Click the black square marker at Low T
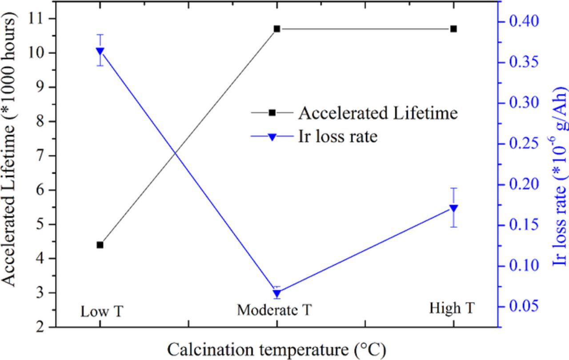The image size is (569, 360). coord(100,245)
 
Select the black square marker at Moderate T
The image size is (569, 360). coord(277,29)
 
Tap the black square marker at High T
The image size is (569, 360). coord(453,29)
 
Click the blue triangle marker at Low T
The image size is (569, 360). coord(100,51)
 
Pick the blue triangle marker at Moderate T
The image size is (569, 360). coord(277,294)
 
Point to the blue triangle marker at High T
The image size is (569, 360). coord(453,208)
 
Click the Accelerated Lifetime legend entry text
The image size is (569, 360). coord(378,113)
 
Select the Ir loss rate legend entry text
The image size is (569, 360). coord(337,136)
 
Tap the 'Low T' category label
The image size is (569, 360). coord(101,312)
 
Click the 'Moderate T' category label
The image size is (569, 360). coord(274,310)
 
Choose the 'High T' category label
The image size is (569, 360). coord(452,308)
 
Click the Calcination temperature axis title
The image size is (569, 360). coord(276,350)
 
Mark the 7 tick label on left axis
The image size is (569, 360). coord(40,156)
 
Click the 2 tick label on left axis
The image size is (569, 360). coord(40,327)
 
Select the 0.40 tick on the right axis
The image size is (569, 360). coord(524,21)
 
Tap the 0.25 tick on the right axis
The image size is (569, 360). coord(524,144)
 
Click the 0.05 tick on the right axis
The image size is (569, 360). coord(524,306)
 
